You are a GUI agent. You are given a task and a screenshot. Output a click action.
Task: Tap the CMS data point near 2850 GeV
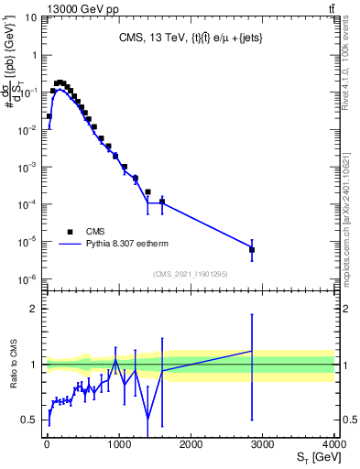pos(252,249)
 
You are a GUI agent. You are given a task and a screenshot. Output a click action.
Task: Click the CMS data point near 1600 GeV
pos(162,202)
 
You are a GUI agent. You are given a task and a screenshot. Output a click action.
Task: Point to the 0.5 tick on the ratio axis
pos(32,420)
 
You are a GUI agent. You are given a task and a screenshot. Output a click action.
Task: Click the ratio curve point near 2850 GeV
pos(252,351)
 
